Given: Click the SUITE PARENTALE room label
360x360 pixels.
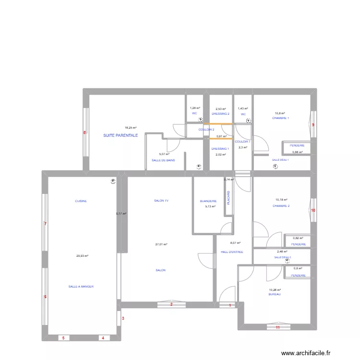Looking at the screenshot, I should [x=120, y=136].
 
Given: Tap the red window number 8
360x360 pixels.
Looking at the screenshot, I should [x=84, y=133].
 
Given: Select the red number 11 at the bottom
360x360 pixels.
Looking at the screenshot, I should [x=277, y=328].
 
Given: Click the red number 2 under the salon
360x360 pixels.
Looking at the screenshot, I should [x=171, y=305].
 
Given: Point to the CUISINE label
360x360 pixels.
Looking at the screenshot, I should [x=81, y=202].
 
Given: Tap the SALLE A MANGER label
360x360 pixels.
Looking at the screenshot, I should [x=81, y=287].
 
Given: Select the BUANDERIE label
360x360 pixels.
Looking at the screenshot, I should [x=208, y=202].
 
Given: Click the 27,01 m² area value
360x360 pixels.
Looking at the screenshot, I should [x=161, y=244].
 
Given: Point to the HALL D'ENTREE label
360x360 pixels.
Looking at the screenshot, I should [x=232, y=252].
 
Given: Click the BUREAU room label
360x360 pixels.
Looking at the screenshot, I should [x=275, y=294].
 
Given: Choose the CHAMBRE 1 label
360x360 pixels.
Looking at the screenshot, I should [x=280, y=118].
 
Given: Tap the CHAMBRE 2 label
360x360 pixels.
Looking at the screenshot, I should [x=281, y=206].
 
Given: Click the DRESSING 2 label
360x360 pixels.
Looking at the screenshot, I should [x=221, y=114].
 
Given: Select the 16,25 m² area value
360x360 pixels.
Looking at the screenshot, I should [x=131, y=128].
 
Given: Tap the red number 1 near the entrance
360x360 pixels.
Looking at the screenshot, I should [x=230, y=305].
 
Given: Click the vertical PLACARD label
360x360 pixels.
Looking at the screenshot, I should [x=228, y=198].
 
